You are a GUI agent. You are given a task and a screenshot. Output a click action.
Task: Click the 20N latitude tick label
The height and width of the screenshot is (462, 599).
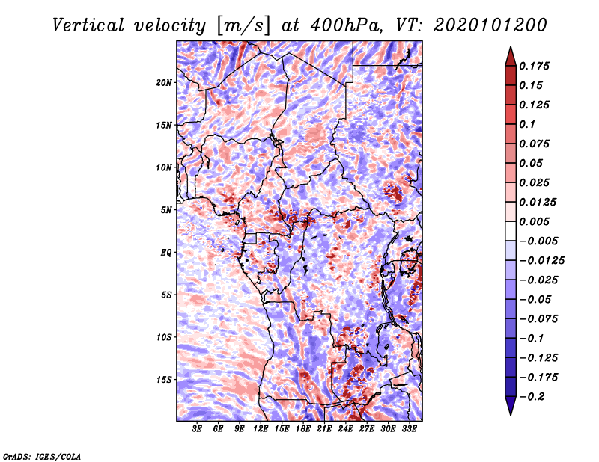click(164, 82)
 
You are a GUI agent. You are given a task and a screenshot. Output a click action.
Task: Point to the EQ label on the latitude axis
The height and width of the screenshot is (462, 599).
click(166, 252)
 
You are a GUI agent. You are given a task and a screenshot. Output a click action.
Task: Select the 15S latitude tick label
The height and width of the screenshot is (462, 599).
click(164, 379)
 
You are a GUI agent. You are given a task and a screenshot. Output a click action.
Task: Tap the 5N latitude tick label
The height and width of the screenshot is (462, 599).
click(166, 209)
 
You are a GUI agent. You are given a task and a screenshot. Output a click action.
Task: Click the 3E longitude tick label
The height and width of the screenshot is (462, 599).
click(197, 429)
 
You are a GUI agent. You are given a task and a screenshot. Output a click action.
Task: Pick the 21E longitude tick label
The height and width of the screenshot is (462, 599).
click(324, 429)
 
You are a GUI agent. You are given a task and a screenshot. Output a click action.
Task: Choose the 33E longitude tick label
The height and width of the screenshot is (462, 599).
click(409, 429)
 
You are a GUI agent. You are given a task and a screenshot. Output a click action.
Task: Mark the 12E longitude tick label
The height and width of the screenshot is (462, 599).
click(261, 429)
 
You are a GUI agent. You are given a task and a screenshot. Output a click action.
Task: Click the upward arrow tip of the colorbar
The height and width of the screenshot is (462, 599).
click(509, 49)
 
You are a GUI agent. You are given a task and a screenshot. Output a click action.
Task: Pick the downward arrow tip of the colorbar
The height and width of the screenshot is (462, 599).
click(509, 413)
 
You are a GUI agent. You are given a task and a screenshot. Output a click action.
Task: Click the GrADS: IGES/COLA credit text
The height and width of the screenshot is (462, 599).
click(42, 455)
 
